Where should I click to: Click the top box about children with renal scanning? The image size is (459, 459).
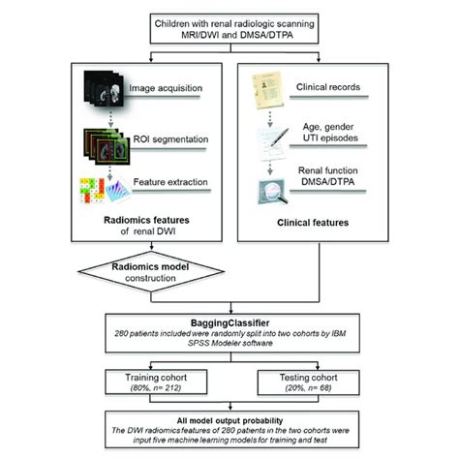point(229,29)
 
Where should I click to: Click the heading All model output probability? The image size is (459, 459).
point(229,421)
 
